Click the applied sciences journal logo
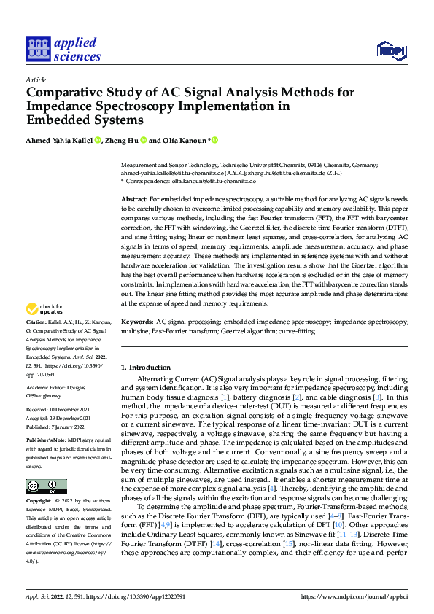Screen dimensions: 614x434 (x=63, y=50)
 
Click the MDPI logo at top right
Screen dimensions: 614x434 (x=390, y=50)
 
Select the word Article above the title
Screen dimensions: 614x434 (x=35, y=79)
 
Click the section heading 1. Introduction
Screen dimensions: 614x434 (x=145, y=367)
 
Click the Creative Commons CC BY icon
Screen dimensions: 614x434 (x=46, y=486)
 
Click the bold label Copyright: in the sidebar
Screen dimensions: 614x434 (x=41, y=502)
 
